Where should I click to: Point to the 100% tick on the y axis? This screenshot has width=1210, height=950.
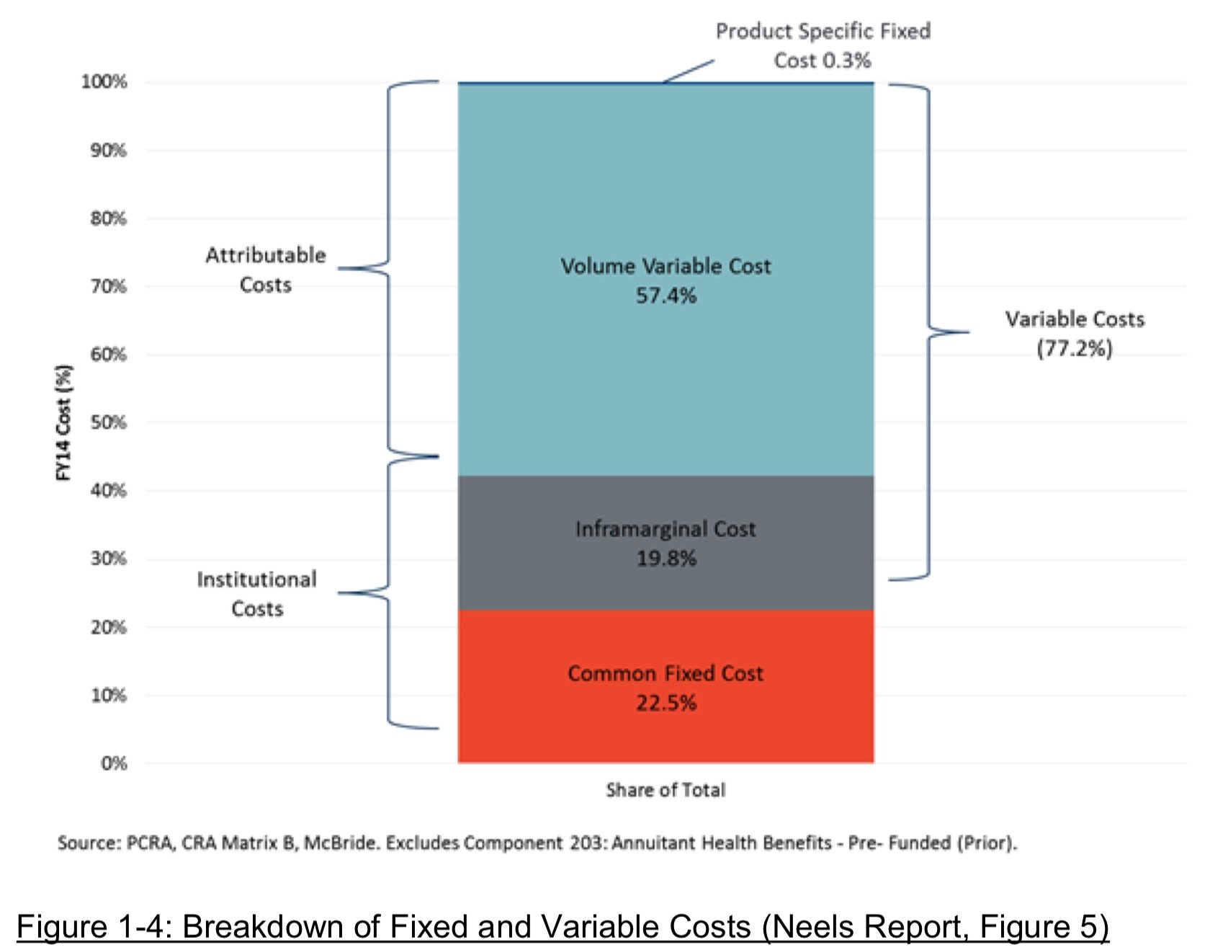(104, 81)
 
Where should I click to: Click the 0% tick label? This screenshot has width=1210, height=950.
(114, 763)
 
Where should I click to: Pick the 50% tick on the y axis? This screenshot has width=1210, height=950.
(109, 422)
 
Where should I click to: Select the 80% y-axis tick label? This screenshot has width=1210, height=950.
(109, 218)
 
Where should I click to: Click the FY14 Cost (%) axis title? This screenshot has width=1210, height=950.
(64, 422)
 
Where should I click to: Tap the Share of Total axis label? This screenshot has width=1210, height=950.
(665, 790)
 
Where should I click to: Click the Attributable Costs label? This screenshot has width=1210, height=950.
(266, 270)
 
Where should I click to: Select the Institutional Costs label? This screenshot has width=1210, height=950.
(257, 594)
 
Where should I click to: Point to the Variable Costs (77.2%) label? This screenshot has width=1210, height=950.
(1075, 334)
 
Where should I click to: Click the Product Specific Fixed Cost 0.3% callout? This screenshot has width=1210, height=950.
(823, 45)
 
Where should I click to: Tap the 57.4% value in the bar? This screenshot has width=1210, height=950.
(666, 296)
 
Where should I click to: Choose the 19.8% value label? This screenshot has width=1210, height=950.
(666, 559)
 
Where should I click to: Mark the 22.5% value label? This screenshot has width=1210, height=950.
(666, 703)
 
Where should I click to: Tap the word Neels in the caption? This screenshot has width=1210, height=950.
(808, 926)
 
